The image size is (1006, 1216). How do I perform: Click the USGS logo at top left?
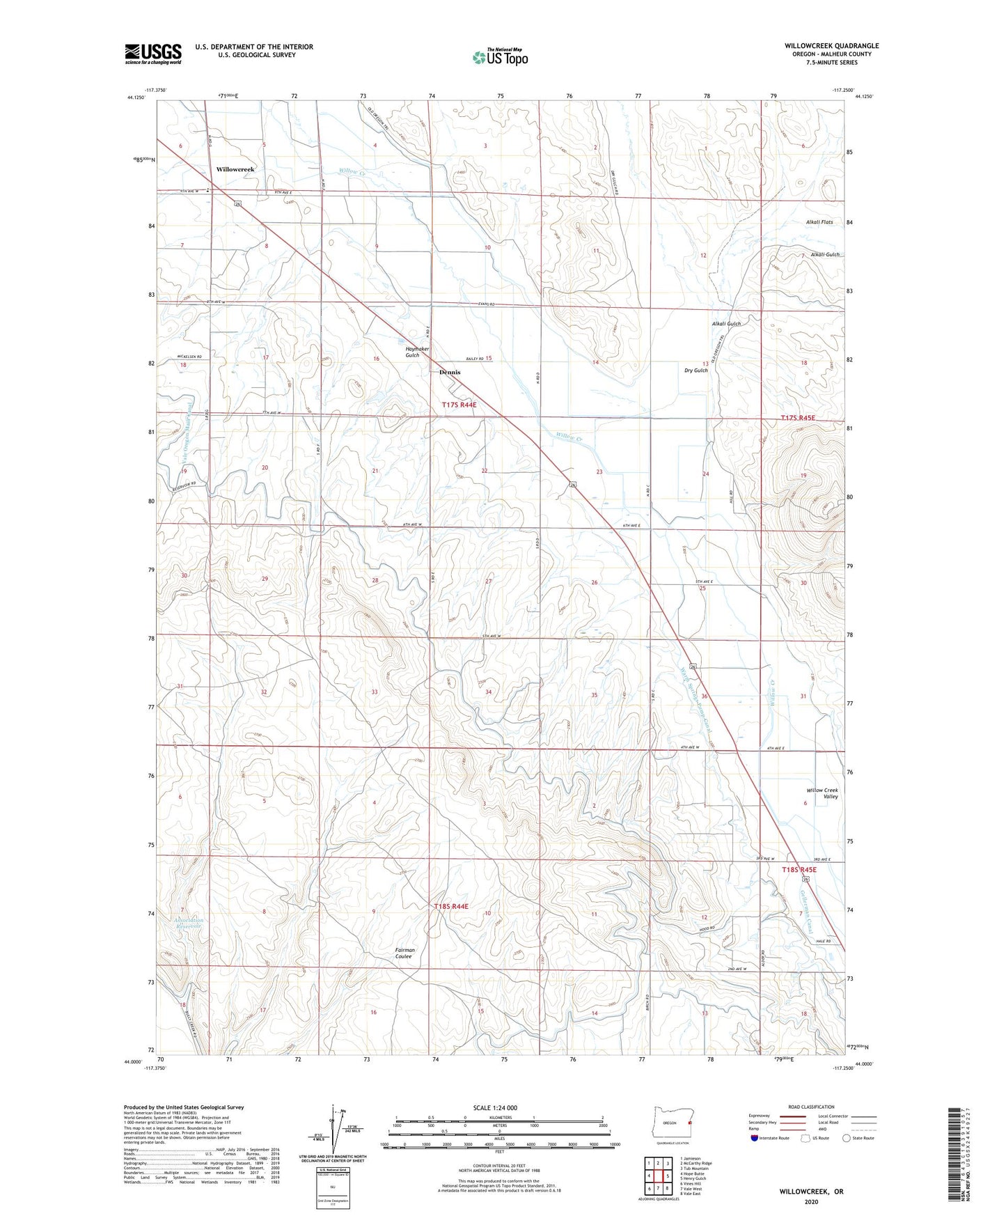[152, 54]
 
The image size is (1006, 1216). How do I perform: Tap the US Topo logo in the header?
[499, 57]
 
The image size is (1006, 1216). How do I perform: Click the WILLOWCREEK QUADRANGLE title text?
[831, 46]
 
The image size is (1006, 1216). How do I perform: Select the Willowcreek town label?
[235, 169]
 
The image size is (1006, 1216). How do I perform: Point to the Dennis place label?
[450, 372]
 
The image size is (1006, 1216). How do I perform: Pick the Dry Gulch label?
[695, 371]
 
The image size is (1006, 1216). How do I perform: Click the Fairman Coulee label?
[404, 953]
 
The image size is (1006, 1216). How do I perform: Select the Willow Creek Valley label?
[822, 793]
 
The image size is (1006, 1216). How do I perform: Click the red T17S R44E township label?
[459, 405]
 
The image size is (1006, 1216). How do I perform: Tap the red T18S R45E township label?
[799, 870]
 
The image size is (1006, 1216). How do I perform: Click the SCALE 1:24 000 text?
[494, 1107]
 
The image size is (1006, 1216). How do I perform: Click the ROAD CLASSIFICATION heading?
[811, 1107]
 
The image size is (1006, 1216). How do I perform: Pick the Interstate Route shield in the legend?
[755, 1138]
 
